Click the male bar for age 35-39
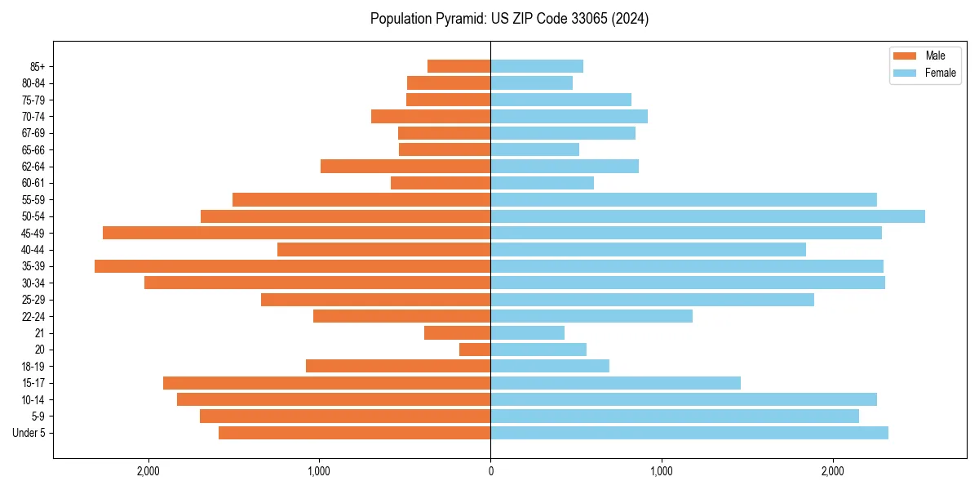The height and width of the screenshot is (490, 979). click(292, 266)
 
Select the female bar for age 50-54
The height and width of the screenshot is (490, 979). click(707, 216)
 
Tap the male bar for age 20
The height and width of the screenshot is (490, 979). click(475, 350)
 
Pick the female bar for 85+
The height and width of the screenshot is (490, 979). click(537, 66)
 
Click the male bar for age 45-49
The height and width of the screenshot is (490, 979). click(296, 233)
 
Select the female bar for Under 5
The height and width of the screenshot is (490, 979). click(689, 433)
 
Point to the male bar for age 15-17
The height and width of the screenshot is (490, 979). click(326, 383)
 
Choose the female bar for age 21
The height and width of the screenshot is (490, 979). click(527, 333)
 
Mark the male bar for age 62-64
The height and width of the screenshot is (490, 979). click(405, 167)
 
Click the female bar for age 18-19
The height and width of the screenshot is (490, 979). click(550, 366)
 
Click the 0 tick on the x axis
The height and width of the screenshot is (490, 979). click(490, 471)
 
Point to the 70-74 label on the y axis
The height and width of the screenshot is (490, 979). click(33, 117)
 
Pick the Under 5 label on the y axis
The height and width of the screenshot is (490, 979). click(29, 433)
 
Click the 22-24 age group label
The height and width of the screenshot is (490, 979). click(33, 317)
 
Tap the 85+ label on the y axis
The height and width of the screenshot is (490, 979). click(37, 66)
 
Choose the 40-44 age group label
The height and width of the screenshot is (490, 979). click(33, 250)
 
